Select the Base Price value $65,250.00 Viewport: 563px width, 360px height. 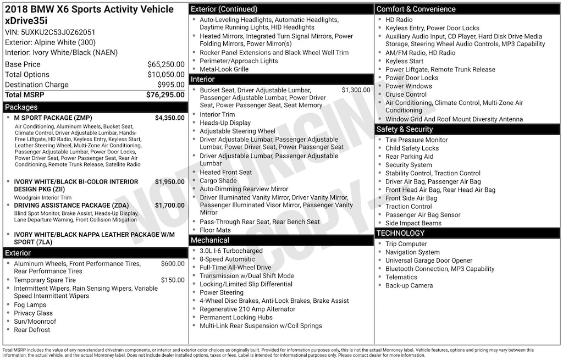pyautogui.click(x=165, y=64)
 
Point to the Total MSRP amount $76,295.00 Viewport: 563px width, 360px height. pyautogui.click(x=165, y=95)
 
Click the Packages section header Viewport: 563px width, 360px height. pyautogui.click(x=21, y=107)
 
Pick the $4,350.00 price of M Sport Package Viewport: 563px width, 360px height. pyautogui.click(x=169, y=118)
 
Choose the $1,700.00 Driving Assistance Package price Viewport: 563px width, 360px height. pyautogui.click(x=169, y=206)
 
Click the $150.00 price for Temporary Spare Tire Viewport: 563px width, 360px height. pyautogui.click(x=173, y=280)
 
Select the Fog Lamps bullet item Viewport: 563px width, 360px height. pyautogui.click(x=30, y=305)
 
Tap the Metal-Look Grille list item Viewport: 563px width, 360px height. pyautogui.click(x=224, y=69)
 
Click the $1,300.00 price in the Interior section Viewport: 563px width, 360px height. pyautogui.click(x=356, y=90)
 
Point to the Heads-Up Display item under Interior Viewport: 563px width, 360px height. pyautogui.click(x=225, y=123)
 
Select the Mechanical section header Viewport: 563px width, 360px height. pyautogui.click(x=209, y=240)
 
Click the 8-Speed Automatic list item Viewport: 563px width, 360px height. pyautogui.click(x=227, y=259)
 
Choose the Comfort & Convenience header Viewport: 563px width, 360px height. pyautogui.click(x=416, y=9)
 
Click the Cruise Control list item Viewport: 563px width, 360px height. pyautogui.click(x=406, y=95)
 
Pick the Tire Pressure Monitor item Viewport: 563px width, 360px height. pyautogui.click(x=416, y=140)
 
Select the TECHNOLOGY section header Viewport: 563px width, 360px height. pyautogui.click(x=400, y=233)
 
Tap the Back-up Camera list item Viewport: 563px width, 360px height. pyautogui.click(x=409, y=286)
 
